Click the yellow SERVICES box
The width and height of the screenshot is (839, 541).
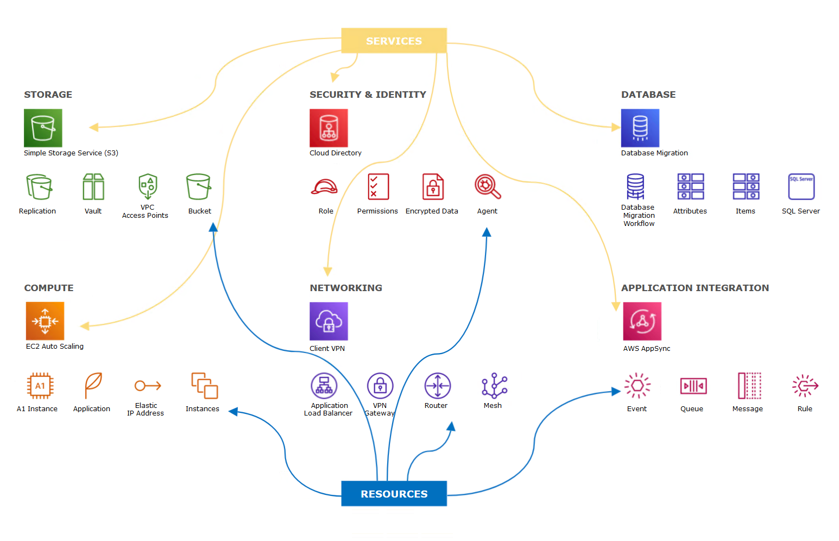click(x=394, y=41)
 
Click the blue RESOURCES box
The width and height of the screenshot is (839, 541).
click(x=394, y=494)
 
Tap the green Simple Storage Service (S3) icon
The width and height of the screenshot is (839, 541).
click(x=43, y=128)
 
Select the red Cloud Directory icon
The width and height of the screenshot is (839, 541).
click(x=329, y=128)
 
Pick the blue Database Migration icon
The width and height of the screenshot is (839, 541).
click(x=640, y=128)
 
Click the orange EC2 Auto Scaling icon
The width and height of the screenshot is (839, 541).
click(x=45, y=321)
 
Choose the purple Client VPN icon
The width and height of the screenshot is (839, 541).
click(x=329, y=321)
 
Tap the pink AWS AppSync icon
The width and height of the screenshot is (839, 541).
click(x=642, y=321)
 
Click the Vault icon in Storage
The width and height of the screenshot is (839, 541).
click(x=93, y=187)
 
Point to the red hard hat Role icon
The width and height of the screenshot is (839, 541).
click(x=324, y=187)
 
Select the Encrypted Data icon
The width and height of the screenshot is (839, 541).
click(x=433, y=187)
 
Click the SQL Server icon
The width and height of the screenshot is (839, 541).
click(x=801, y=187)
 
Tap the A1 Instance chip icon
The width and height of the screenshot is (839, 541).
click(x=40, y=386)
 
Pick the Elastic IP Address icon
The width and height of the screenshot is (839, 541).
click(x=148, y=386)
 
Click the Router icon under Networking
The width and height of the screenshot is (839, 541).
click(x=437, y=386)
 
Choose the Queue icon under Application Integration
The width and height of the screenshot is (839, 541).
click(x=693, y=386)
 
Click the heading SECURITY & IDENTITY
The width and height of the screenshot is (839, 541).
click(x=368, y=95)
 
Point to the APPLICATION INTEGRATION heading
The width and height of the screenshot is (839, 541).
click(x=695, y=288)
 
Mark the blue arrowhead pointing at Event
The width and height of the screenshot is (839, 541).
click(x=616, y=391)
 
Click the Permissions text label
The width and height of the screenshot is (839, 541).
click(x=377, y=211)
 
